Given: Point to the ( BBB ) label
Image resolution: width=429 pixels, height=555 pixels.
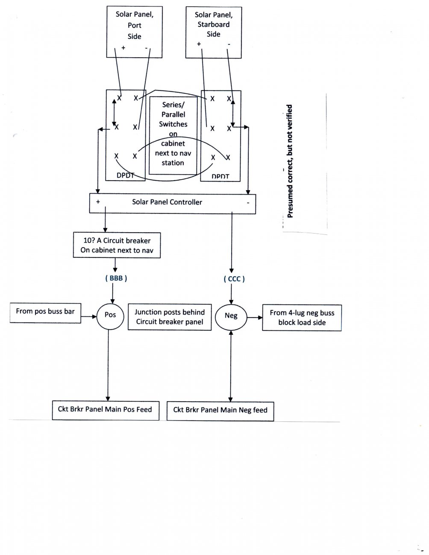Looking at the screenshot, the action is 116,278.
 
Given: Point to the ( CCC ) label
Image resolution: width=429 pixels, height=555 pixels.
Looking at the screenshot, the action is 234,279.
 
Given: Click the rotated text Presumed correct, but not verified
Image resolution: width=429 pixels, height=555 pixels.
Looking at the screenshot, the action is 290,161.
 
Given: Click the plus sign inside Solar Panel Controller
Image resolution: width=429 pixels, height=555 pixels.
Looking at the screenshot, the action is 98,202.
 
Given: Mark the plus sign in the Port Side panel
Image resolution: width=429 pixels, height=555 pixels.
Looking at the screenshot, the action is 123,47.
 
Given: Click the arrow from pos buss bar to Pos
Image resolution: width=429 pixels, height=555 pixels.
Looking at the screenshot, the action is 88,317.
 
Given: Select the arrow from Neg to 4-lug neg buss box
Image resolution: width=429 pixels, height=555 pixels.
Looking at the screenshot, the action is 255,318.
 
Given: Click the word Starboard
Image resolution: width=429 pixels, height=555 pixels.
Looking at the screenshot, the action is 214,24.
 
